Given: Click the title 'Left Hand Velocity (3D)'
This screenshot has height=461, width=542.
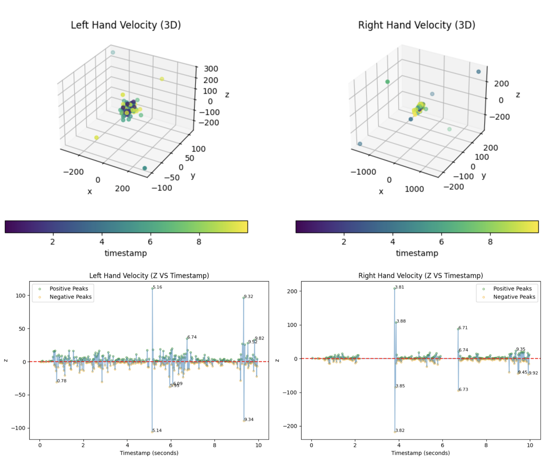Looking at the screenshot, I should (126, 25).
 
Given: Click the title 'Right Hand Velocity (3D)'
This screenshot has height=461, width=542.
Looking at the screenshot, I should (417, 25).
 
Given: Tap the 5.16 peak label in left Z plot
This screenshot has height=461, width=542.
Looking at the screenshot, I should (157, 287).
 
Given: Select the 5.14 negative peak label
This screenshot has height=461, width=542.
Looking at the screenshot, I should (157, 430).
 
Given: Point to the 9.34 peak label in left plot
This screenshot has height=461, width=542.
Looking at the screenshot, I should (249, 419).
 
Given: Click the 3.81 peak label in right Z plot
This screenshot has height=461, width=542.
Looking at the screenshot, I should (399, 287).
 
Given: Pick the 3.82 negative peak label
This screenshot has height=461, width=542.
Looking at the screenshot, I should (400, 430).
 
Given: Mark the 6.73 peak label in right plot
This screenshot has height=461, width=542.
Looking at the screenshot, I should (463, 389).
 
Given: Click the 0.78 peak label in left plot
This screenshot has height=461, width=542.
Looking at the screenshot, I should (62, 381).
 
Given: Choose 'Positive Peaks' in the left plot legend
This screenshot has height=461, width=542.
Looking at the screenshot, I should (69, 288).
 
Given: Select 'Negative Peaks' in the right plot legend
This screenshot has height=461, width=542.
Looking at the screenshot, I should (514, 297).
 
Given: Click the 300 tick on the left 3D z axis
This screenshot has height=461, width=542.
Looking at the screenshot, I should (211, 69).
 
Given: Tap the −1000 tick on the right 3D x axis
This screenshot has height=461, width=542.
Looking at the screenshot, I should (363, 172).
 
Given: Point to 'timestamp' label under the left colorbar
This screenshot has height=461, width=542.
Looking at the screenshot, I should (126, 253).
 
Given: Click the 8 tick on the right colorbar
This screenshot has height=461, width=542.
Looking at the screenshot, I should (490, 242).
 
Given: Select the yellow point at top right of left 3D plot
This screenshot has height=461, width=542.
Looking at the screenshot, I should (162, 79).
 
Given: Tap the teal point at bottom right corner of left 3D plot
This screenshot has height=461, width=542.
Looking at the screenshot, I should (145, 168).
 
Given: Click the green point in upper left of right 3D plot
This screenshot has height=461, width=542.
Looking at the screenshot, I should (387, 82).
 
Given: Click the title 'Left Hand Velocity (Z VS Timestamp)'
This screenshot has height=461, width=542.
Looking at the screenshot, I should (149, 276).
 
